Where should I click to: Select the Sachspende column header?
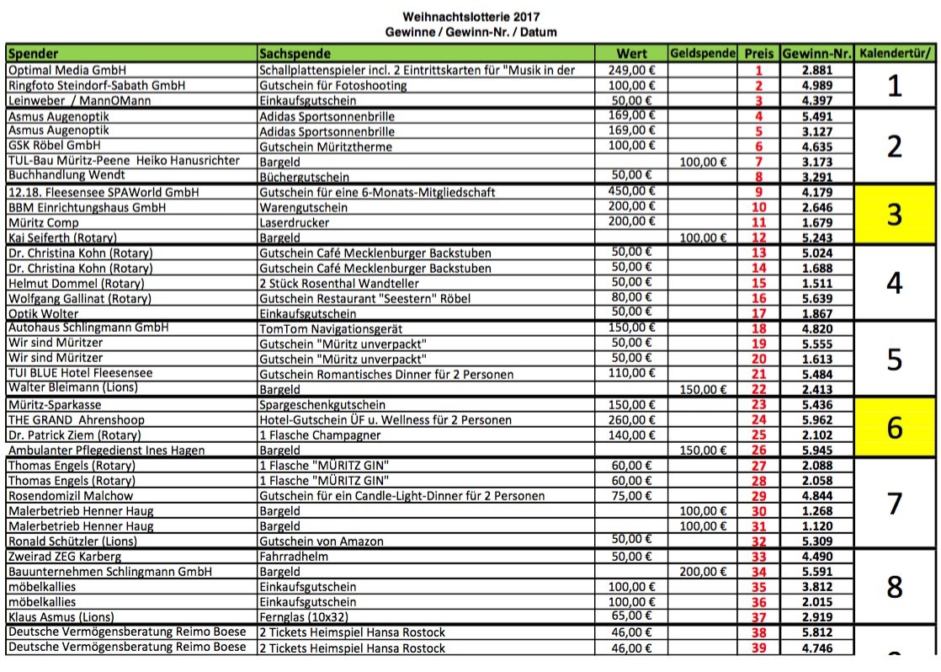click(x=290, y=53)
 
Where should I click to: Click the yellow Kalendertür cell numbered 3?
click(x=895, y=215)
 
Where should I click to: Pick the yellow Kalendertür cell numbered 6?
click(x=895, y=427)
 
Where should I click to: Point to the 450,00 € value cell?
click(x=630, y=191)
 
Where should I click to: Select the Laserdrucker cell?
click(x=295, y=222)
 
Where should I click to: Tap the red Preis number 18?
click(x=758, y=328)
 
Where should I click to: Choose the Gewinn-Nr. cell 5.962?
click(x=816, y=419)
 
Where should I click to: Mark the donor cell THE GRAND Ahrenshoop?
click(x=77, y=419)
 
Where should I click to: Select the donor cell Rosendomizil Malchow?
click(x=71, y=495)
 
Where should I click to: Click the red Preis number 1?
click(x=758, y=70)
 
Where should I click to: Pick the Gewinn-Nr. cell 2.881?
click(x=816, y=70)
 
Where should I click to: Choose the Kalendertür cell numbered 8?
click(x=895, y=586)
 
